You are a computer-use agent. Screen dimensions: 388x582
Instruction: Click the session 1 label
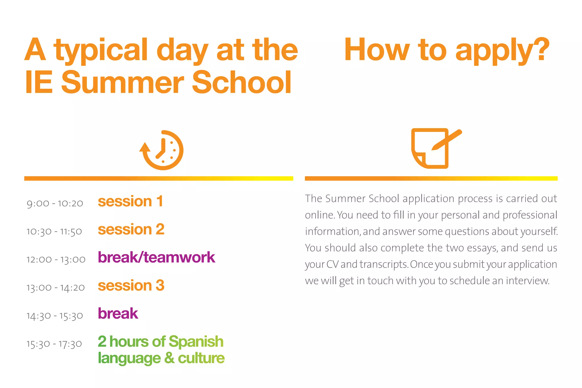[130, 201]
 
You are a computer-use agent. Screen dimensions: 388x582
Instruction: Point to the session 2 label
[131, 229]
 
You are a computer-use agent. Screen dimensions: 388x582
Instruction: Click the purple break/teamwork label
[156, 257]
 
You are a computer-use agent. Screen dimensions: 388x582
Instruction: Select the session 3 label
[131, 285]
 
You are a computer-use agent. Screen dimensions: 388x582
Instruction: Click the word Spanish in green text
[196, 342]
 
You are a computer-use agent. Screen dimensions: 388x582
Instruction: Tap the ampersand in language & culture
[169, 358]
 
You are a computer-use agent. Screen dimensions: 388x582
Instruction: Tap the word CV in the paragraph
[332, 264]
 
